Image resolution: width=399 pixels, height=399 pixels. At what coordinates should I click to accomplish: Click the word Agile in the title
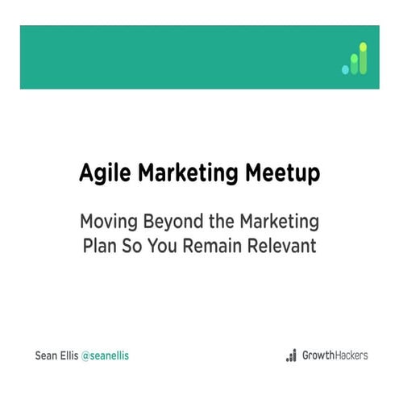click(x=102, y=172)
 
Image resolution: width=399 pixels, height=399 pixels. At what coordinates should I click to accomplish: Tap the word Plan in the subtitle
click(x=99, y=244)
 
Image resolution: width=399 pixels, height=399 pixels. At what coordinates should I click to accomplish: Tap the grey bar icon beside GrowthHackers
click(x=291, y=355)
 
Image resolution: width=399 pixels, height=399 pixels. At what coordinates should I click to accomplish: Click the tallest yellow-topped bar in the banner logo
click(x=363, y=59)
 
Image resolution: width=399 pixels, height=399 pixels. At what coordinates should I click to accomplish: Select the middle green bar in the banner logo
click(x=354, y=64)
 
